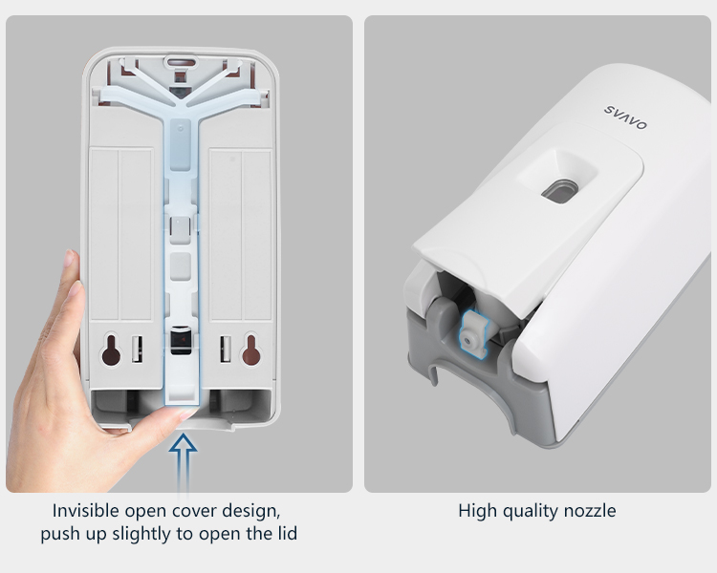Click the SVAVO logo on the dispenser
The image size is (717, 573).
click(625, 117)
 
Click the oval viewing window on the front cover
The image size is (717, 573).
click(559, 191)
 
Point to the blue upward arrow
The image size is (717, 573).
click(183, 461)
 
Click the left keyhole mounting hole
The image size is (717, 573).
click(111, 350)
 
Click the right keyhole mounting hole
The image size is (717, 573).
click(251, 350)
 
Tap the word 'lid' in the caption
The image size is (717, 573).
click(288, 533)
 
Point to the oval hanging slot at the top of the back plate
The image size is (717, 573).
click(180, 61)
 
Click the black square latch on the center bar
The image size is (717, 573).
click(181, 340)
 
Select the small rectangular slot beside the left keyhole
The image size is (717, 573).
click(137, 350)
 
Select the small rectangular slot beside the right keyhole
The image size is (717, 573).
click(226, 350)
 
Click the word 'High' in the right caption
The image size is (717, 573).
click(477, 511)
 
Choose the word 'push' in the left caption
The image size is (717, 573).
click(56, 534)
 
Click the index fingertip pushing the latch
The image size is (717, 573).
click(186, 414)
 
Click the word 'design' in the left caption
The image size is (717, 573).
click(251, 511)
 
